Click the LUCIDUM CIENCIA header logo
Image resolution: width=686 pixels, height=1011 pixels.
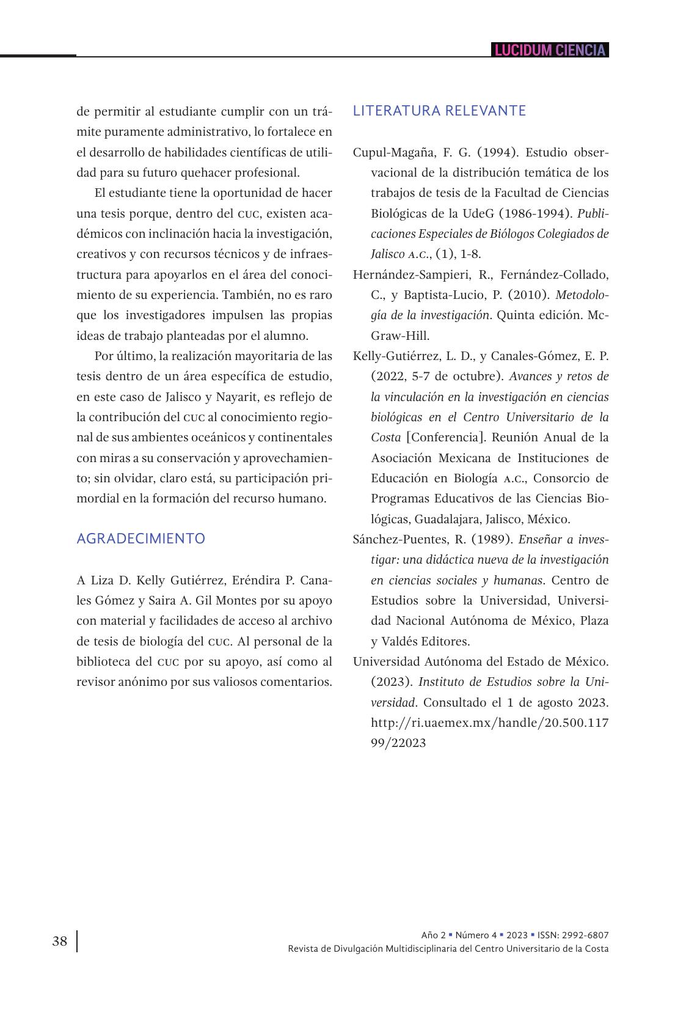(x=550, y=50)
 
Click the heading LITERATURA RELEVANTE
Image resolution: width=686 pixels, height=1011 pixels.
(x=439, y=111)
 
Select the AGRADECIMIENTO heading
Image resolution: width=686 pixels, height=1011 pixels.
(x=140, y=539)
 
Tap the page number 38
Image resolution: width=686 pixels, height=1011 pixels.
(x=60, y=941)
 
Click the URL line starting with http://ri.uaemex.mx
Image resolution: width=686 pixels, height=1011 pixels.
(x=489, y=722)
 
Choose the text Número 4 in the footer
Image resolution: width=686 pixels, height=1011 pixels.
(x=476, y=935)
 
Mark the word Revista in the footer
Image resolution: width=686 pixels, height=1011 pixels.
(x=304, y=949)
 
